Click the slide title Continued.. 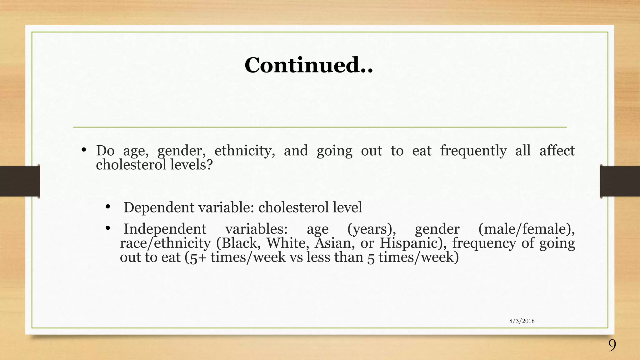point(308,65)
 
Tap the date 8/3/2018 point(522,321)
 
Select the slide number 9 point(612,346)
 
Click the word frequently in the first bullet point(473,151)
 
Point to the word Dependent point(159,208)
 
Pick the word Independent point(165,229)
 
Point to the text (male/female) point(526,229)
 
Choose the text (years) point(372,229)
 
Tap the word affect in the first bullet point(557,151)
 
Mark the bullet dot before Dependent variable point(108,207)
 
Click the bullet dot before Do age point(83,150)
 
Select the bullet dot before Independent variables point(108,228)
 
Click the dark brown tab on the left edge point(20,181)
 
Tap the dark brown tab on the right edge point(620,181)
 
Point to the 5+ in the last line point(197,257)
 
